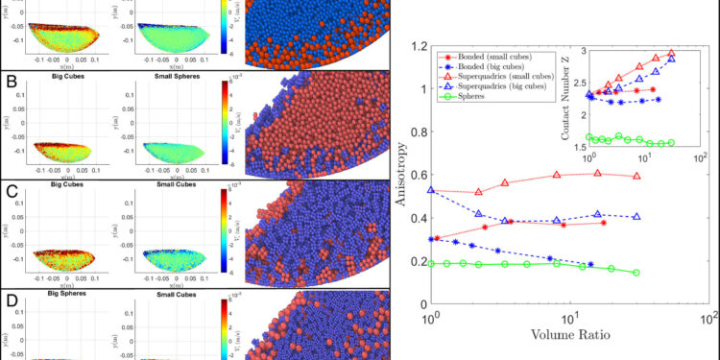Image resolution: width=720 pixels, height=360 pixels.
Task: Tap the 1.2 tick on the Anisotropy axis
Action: tap(414, 46)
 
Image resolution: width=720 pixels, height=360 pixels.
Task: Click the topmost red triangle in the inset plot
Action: tap(671, 54)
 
